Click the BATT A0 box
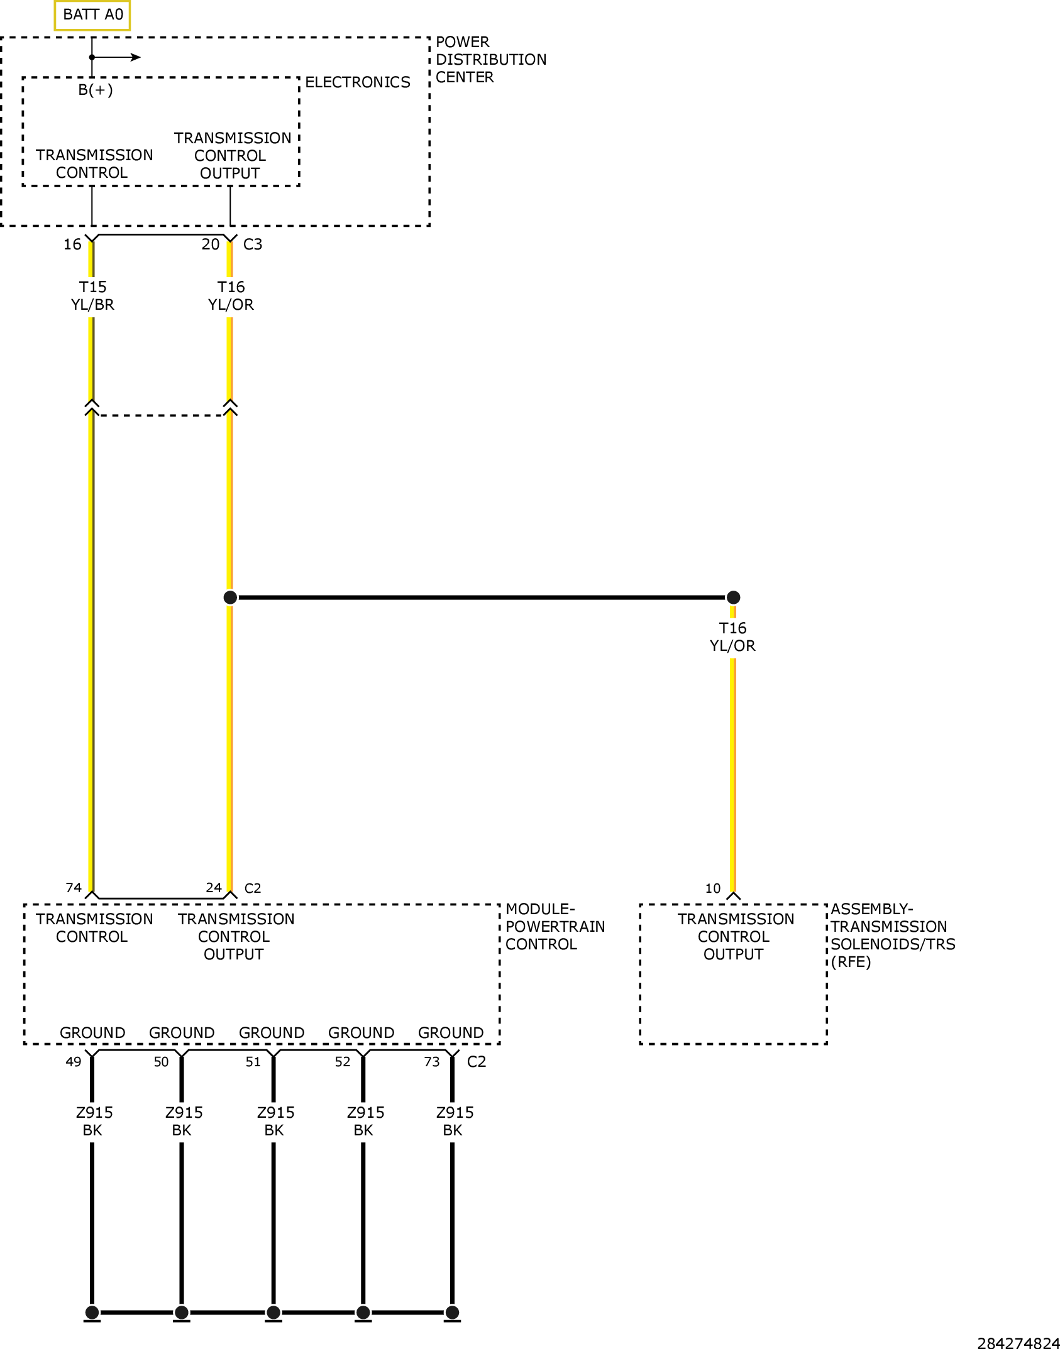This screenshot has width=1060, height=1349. tap(92, 15)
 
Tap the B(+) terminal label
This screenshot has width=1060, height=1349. tap(96, 90)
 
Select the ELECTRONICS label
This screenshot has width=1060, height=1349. tap(357, 82)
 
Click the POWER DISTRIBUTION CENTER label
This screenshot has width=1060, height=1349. tap(491, 60)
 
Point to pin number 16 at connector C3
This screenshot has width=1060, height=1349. tap(72, 244)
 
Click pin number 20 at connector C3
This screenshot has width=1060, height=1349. tap(211, 244)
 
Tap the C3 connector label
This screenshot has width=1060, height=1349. tap(253, 244)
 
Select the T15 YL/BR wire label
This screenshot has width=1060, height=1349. tap(92, 296)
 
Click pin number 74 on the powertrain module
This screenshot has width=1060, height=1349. tap(74, 888)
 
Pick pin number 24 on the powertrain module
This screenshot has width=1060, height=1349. tap(214, 888)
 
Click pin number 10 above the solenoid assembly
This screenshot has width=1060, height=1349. tap(713, 888)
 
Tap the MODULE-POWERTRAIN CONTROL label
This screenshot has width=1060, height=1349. tap(555, 927)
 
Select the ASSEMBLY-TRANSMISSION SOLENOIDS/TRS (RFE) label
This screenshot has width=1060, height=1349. tap(893, 936)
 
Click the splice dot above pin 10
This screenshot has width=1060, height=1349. tap(733, 598)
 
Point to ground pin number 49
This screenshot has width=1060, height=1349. tap(74, 1062)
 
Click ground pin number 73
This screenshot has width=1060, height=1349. tap(432, 1062)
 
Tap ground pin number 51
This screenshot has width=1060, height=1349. tap(253, 1062)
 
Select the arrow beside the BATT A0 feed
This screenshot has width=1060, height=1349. tap(116, 57)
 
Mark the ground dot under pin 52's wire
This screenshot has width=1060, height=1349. tap(363, 1312)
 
